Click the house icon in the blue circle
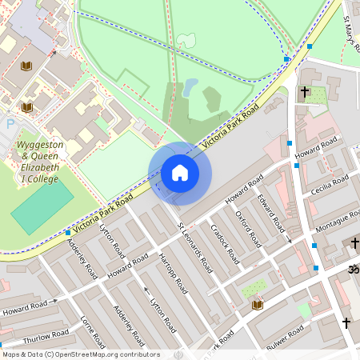[180, 173]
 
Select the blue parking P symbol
[10, 124]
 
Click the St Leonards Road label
[194, 246]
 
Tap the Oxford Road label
[247, 228]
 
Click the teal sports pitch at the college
[41, 209]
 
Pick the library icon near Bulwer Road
[258, 305]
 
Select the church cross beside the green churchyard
[304, 94]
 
